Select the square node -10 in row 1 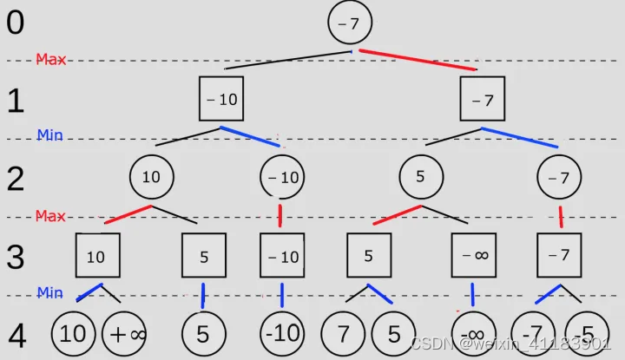click(x=221, y=99)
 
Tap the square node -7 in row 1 click(x=484, y=99)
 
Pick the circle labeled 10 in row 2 click(x=151, y=176)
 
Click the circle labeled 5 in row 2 click(x=420, y=176)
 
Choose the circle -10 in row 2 click(x=282, y=177)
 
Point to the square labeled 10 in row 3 click(x=97, y=256)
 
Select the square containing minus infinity click(x=474, y=256)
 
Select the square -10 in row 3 click(x=282, y=256)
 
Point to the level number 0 click(x=16, y=23)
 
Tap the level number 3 click(x=16, y=256)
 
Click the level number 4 click(x=16, y=337)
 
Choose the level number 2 click(x=16, y=178)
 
